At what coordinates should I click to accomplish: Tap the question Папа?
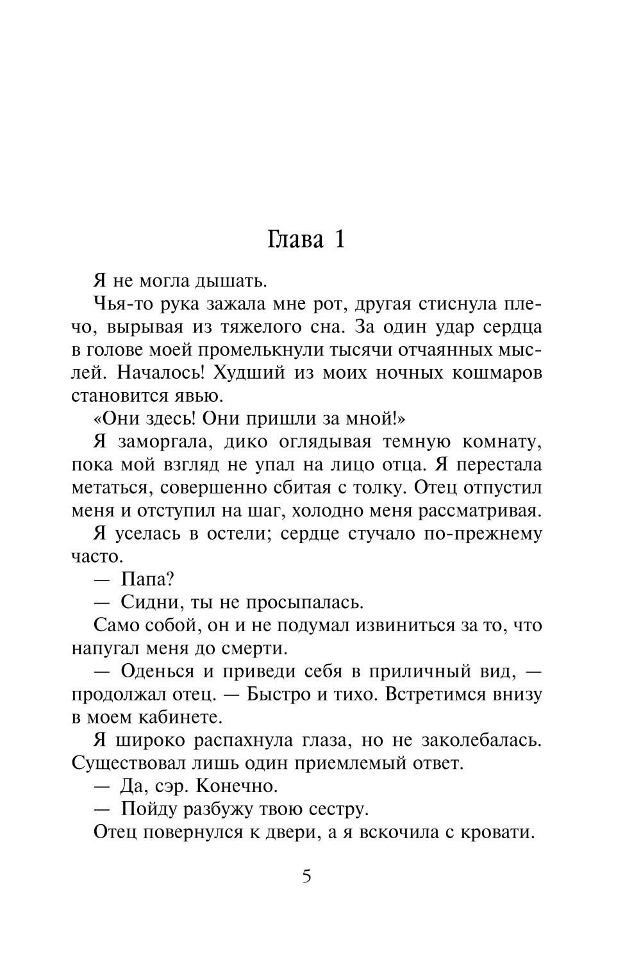click(147, 579)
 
